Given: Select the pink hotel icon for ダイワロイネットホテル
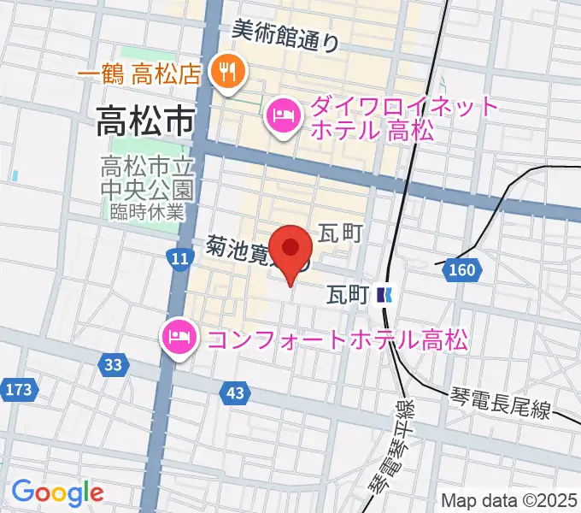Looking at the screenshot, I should click(284, 115).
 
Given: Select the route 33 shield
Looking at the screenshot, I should click(113, 365).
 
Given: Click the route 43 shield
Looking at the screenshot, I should click(237, 392).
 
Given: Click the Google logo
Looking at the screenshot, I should click(57, 492).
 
